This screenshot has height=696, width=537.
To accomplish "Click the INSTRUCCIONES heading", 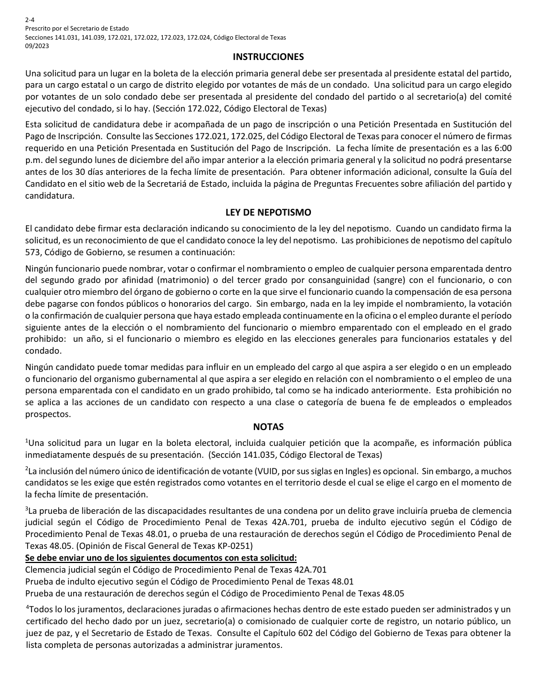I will click(x=268, y=57).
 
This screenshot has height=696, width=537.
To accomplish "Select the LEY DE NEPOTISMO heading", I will click(x=268, y=213).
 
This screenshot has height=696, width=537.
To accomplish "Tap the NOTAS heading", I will click(x=268, y=427).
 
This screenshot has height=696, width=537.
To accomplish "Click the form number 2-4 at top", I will click(x=30, y=19).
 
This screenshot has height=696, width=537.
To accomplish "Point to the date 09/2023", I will click(x=37, y=46).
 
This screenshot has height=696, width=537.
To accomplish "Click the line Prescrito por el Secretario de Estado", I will click(x=77, y=28).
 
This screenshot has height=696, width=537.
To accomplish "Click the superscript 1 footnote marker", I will click(x=27, y=440).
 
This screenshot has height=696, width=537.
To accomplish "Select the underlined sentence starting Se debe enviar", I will click(x=161, y=558).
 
